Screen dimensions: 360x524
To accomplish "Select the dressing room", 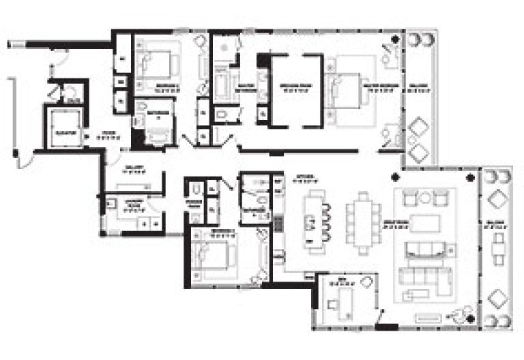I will (x=295, y=89).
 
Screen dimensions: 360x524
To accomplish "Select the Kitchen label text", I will (x=303, y=180).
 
